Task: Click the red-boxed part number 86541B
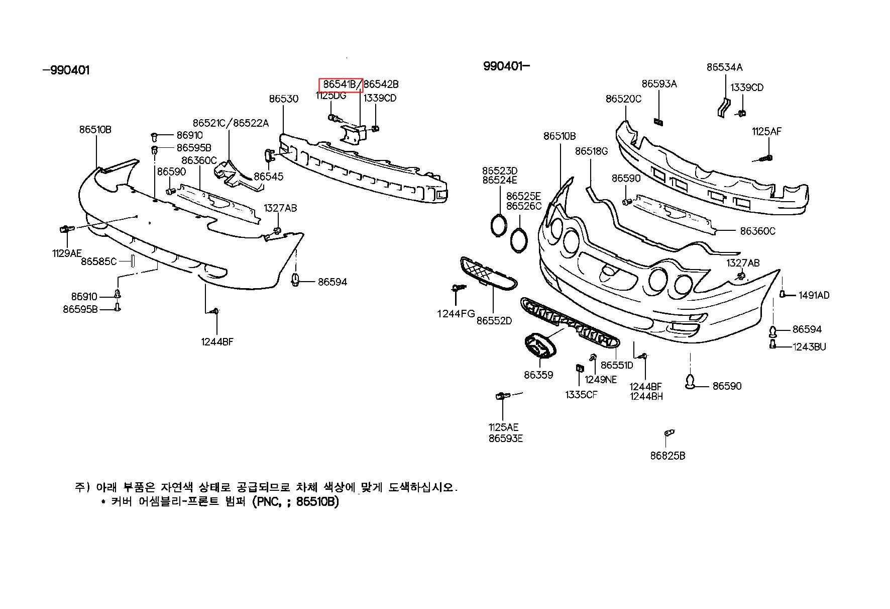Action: pyautogui.click(x=341, y=84)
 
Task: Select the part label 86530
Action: pyautogui.click(x=283, y=99)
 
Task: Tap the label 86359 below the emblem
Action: pyautogui.click(x=538, y=375)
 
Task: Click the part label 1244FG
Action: pyautogui.click(x=456, y=314)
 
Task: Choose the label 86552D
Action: pyautogui.click(x=494, y=320)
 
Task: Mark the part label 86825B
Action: pyautogui.click(x=667, y=456)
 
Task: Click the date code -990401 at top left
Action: pyautogui.click(x=66, y=70)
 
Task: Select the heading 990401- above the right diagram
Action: pyautogui.click(x=506, y=66)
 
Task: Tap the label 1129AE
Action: pyautogui.click(x=67, y=253)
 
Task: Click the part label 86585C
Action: pyautogui.click(x=98, y=261)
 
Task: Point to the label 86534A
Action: pyautogui.click(x=724, y=67)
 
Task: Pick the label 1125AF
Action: pyautogui.click(x=766, y=132)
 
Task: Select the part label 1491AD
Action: pyautogui.click(x=814, y=295)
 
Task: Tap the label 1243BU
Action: pyautogui.click(x=809, y=346)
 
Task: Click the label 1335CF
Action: pyautogui.click(x=581, y=395)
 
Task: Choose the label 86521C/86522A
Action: pyautogui.click(x=231, y=123)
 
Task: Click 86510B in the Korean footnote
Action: pyautogui.click(x=317, y=502)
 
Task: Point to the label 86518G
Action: pyautogui.click(x=591, y=151)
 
